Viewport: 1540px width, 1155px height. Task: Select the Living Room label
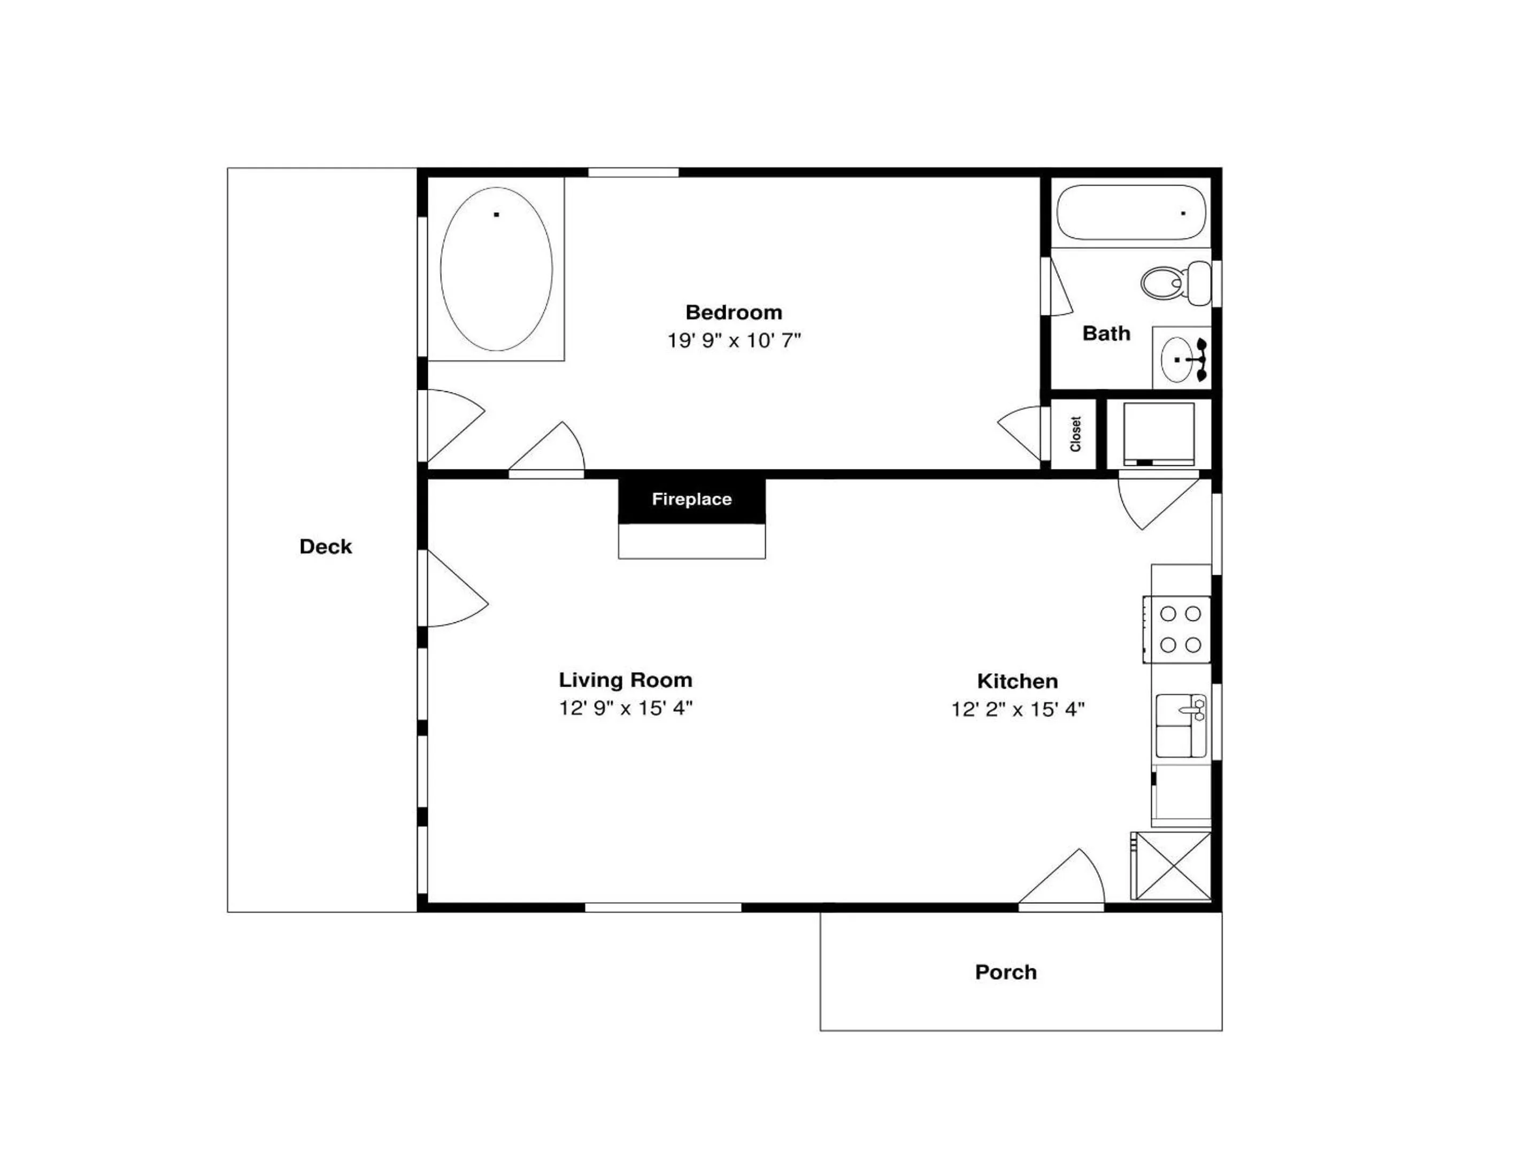click(625, 680)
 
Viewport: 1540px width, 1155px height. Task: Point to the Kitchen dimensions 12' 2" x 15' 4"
click(1018, 710)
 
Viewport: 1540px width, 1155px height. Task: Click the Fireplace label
click(692, 499)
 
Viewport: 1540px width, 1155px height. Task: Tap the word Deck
click(326, 546)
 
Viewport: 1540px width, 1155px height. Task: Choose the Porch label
click(1006, 972)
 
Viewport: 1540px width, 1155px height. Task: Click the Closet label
click(1076, 434)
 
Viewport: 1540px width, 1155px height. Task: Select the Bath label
click(1106, 334)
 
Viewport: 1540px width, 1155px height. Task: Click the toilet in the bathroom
click(1176, 283)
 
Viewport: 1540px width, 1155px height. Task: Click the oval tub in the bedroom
click(496, 269)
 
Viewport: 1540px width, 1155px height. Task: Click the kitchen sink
click(1181, 726)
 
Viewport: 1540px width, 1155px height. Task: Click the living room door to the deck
click(456, 588)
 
